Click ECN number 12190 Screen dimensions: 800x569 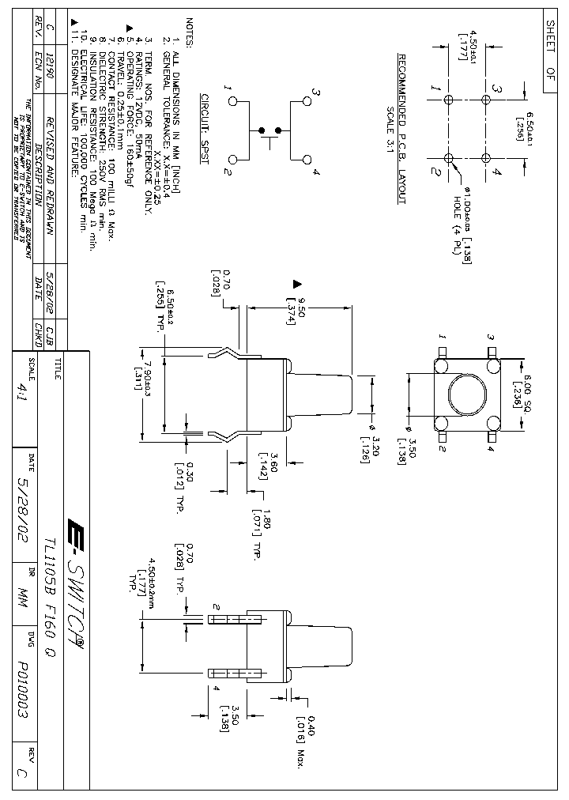(51, 36)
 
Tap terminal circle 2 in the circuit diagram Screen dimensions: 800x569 (233, 159)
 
